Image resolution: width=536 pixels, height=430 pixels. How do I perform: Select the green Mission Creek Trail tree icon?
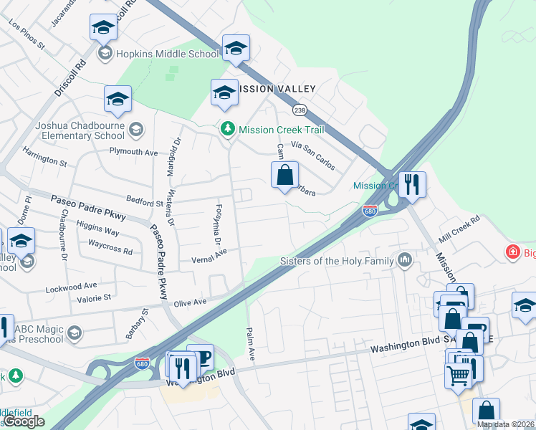click(228, 129)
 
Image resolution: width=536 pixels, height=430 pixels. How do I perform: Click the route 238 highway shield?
click(300, 110)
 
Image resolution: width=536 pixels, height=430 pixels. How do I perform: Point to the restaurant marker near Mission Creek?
click(411, 183)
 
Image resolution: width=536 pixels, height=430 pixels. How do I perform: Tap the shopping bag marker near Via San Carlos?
click(284, 174)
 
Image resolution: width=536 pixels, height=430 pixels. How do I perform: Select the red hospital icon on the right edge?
click(512, 252)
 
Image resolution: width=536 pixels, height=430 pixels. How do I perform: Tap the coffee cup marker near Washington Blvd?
click(200, 357)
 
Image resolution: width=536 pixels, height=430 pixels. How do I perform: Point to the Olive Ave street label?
click(191, 303)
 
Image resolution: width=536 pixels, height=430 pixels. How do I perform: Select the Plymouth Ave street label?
click(133, 152)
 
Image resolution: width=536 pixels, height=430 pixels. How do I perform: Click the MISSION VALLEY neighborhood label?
click(278, 89)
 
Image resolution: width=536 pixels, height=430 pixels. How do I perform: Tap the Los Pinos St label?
click(27, 34)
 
